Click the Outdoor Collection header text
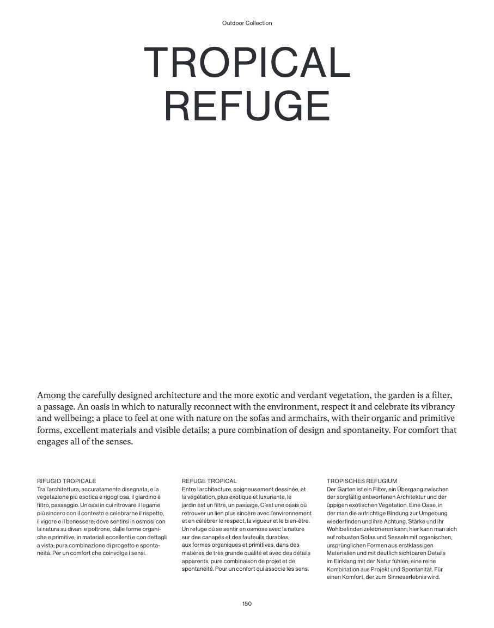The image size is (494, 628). pos(247,23)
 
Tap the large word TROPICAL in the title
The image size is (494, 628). pos(247,63)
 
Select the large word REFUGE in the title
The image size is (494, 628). pos(247,106)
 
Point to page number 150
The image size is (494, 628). pos(247,603)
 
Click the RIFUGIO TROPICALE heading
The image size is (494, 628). pos(66,481)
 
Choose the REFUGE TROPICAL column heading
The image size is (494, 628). pos(209,481)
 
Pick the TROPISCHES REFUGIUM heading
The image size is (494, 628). pos(362,481)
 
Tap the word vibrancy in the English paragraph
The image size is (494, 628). pos(436,407)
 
